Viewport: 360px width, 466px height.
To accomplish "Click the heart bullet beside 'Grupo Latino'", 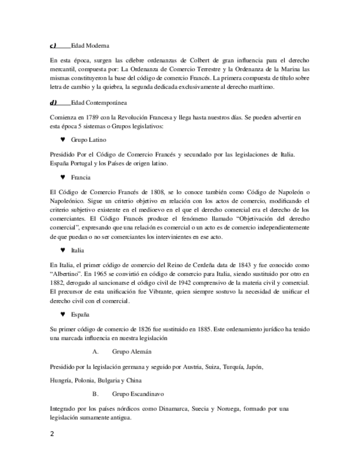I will [63, 140].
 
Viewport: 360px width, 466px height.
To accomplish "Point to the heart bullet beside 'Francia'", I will [63, 177].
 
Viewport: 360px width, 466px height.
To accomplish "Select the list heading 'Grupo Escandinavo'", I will [137, 394].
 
